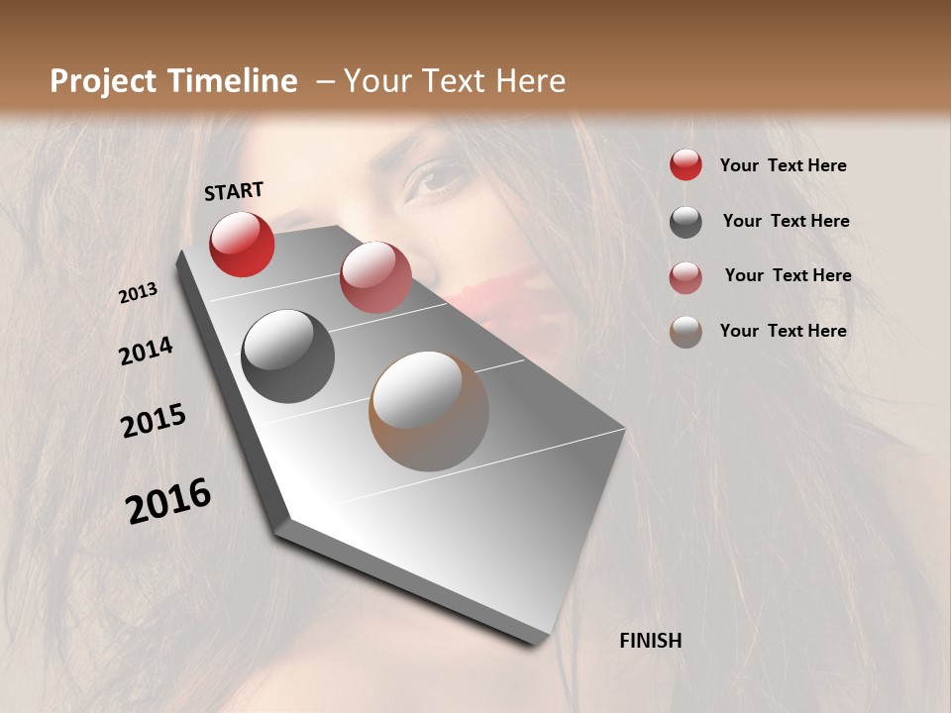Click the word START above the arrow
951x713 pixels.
pyautogui.click(x=234, y=191)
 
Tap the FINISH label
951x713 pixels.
pyautogui.click(x=650, y=641)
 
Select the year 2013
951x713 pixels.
pyautogui.click(x=138, y=293)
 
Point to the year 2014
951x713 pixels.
pyautogui.click(x=146, y=352)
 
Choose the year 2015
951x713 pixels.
pyautogui.click(x=154, y=422)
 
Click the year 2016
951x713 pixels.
pyautogui.click(x=168, y=501)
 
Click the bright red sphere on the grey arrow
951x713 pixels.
pyautogui.click(x=242, y=244)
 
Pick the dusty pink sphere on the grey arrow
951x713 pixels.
pyautogui.click(x=375, y=277)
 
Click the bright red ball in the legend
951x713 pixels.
pyautogui.click(x=686, y=164)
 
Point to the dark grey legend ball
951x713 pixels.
pyautogui.click(x=686, y=222)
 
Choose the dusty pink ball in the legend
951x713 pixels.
pyautogui.click(x=686, y=277)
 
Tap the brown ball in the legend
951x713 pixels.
pyautogui.click(x=686, y=332)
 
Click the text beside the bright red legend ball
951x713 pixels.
pyautogui.click(x=783, y=165)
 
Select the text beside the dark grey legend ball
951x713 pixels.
pyautogui.click(x=786, y=221)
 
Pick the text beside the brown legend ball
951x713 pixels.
pyautogui.click(x=783, y=331)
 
